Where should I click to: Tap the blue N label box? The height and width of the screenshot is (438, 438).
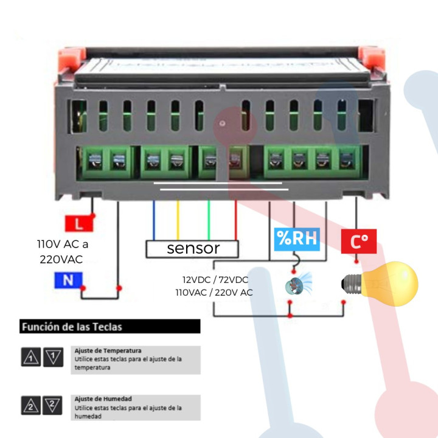click(68, 280)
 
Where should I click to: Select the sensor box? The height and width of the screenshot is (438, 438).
click(192, 248)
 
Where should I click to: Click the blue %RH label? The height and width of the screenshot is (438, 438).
click(296, 238)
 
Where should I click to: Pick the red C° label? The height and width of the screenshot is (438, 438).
click(359, 242)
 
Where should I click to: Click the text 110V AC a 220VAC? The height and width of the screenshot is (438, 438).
click(61, 252)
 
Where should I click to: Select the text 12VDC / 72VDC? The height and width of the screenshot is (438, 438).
click(215, 280)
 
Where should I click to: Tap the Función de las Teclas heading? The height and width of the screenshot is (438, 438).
click(72, 327)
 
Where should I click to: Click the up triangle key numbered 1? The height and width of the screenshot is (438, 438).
click(30, 357)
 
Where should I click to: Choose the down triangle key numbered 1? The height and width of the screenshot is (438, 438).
click(53, 357)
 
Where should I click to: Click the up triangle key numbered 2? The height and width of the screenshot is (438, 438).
click(30, 405)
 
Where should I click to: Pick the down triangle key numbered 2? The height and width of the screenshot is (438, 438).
click(53, 405)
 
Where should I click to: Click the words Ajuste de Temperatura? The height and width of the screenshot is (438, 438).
click(108, 351)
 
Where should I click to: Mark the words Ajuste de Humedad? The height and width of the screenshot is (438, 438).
click(103, 398)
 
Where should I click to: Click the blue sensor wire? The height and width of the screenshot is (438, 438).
click(154, 219)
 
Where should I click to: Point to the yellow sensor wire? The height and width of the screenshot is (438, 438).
click(178, 219)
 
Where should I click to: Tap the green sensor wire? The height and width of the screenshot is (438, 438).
click(209, 219)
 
